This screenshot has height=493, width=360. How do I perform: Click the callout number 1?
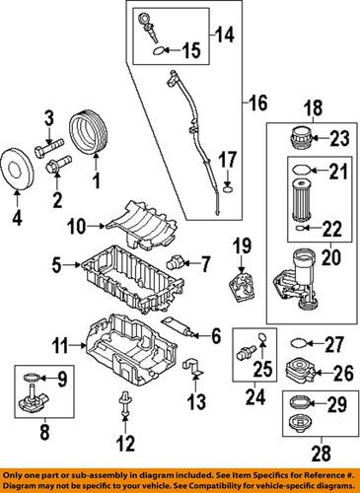[x=96, y=181]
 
